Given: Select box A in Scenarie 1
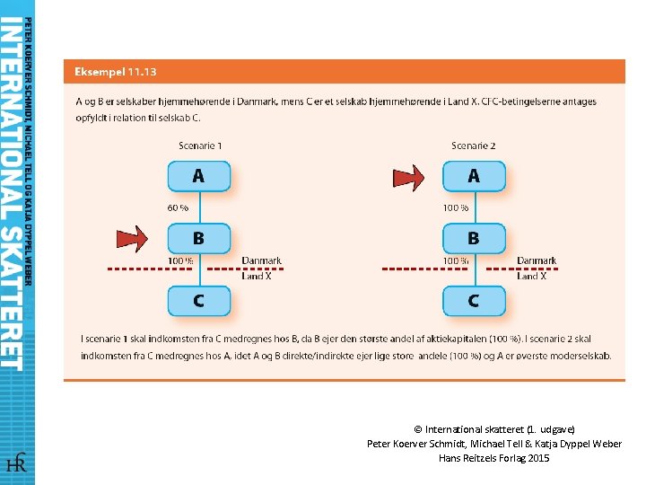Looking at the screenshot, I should [x=198, y=176].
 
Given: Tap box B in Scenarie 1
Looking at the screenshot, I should [x=198, y=239].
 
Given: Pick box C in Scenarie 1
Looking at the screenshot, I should [x=198, y=301].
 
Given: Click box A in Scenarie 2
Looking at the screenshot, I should [x=474, y=176].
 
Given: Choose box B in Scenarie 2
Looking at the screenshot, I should [x=474, y=239].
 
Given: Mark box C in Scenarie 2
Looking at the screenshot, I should [x=474, y=301].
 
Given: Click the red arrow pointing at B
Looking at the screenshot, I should [x=131, y=239].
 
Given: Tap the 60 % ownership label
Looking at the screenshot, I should [x=179, y=207].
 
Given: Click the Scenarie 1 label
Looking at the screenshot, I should [x=199, y=145].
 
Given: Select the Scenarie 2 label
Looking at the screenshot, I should [x=474, y=145].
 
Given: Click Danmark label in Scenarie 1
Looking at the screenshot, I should [x=261, y=261].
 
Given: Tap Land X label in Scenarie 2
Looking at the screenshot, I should [x=531, y=276].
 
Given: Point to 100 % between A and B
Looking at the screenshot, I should [x=455, y=207].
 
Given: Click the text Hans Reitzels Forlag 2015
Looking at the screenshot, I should [x=494, y=458].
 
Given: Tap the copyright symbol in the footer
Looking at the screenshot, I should [x=418, y=429].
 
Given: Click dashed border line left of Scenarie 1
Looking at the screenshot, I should [x=135, y=269].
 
